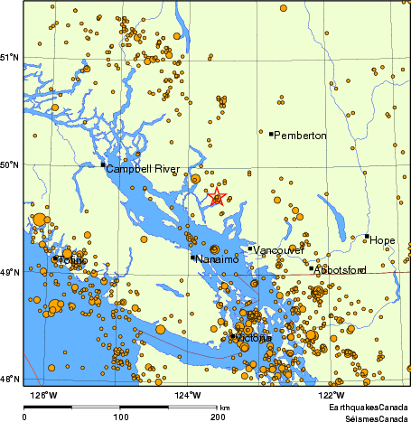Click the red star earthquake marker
click(x=217, y=197)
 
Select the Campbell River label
click(x=142, y=169)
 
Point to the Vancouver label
click(x=278, y=249)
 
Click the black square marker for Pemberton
click(x=271, y=134)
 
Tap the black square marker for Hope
click(x=367, y=237)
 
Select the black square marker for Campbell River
click(x=103, y=164)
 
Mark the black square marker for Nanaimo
click(x=192, y=258)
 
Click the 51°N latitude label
click(x=9, y=58)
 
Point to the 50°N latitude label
click(x=9, y=164)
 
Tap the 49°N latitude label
click(x=9, y=272)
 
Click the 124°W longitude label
click(x=189, y=394)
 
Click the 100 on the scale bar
click(x=120, y=417)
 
